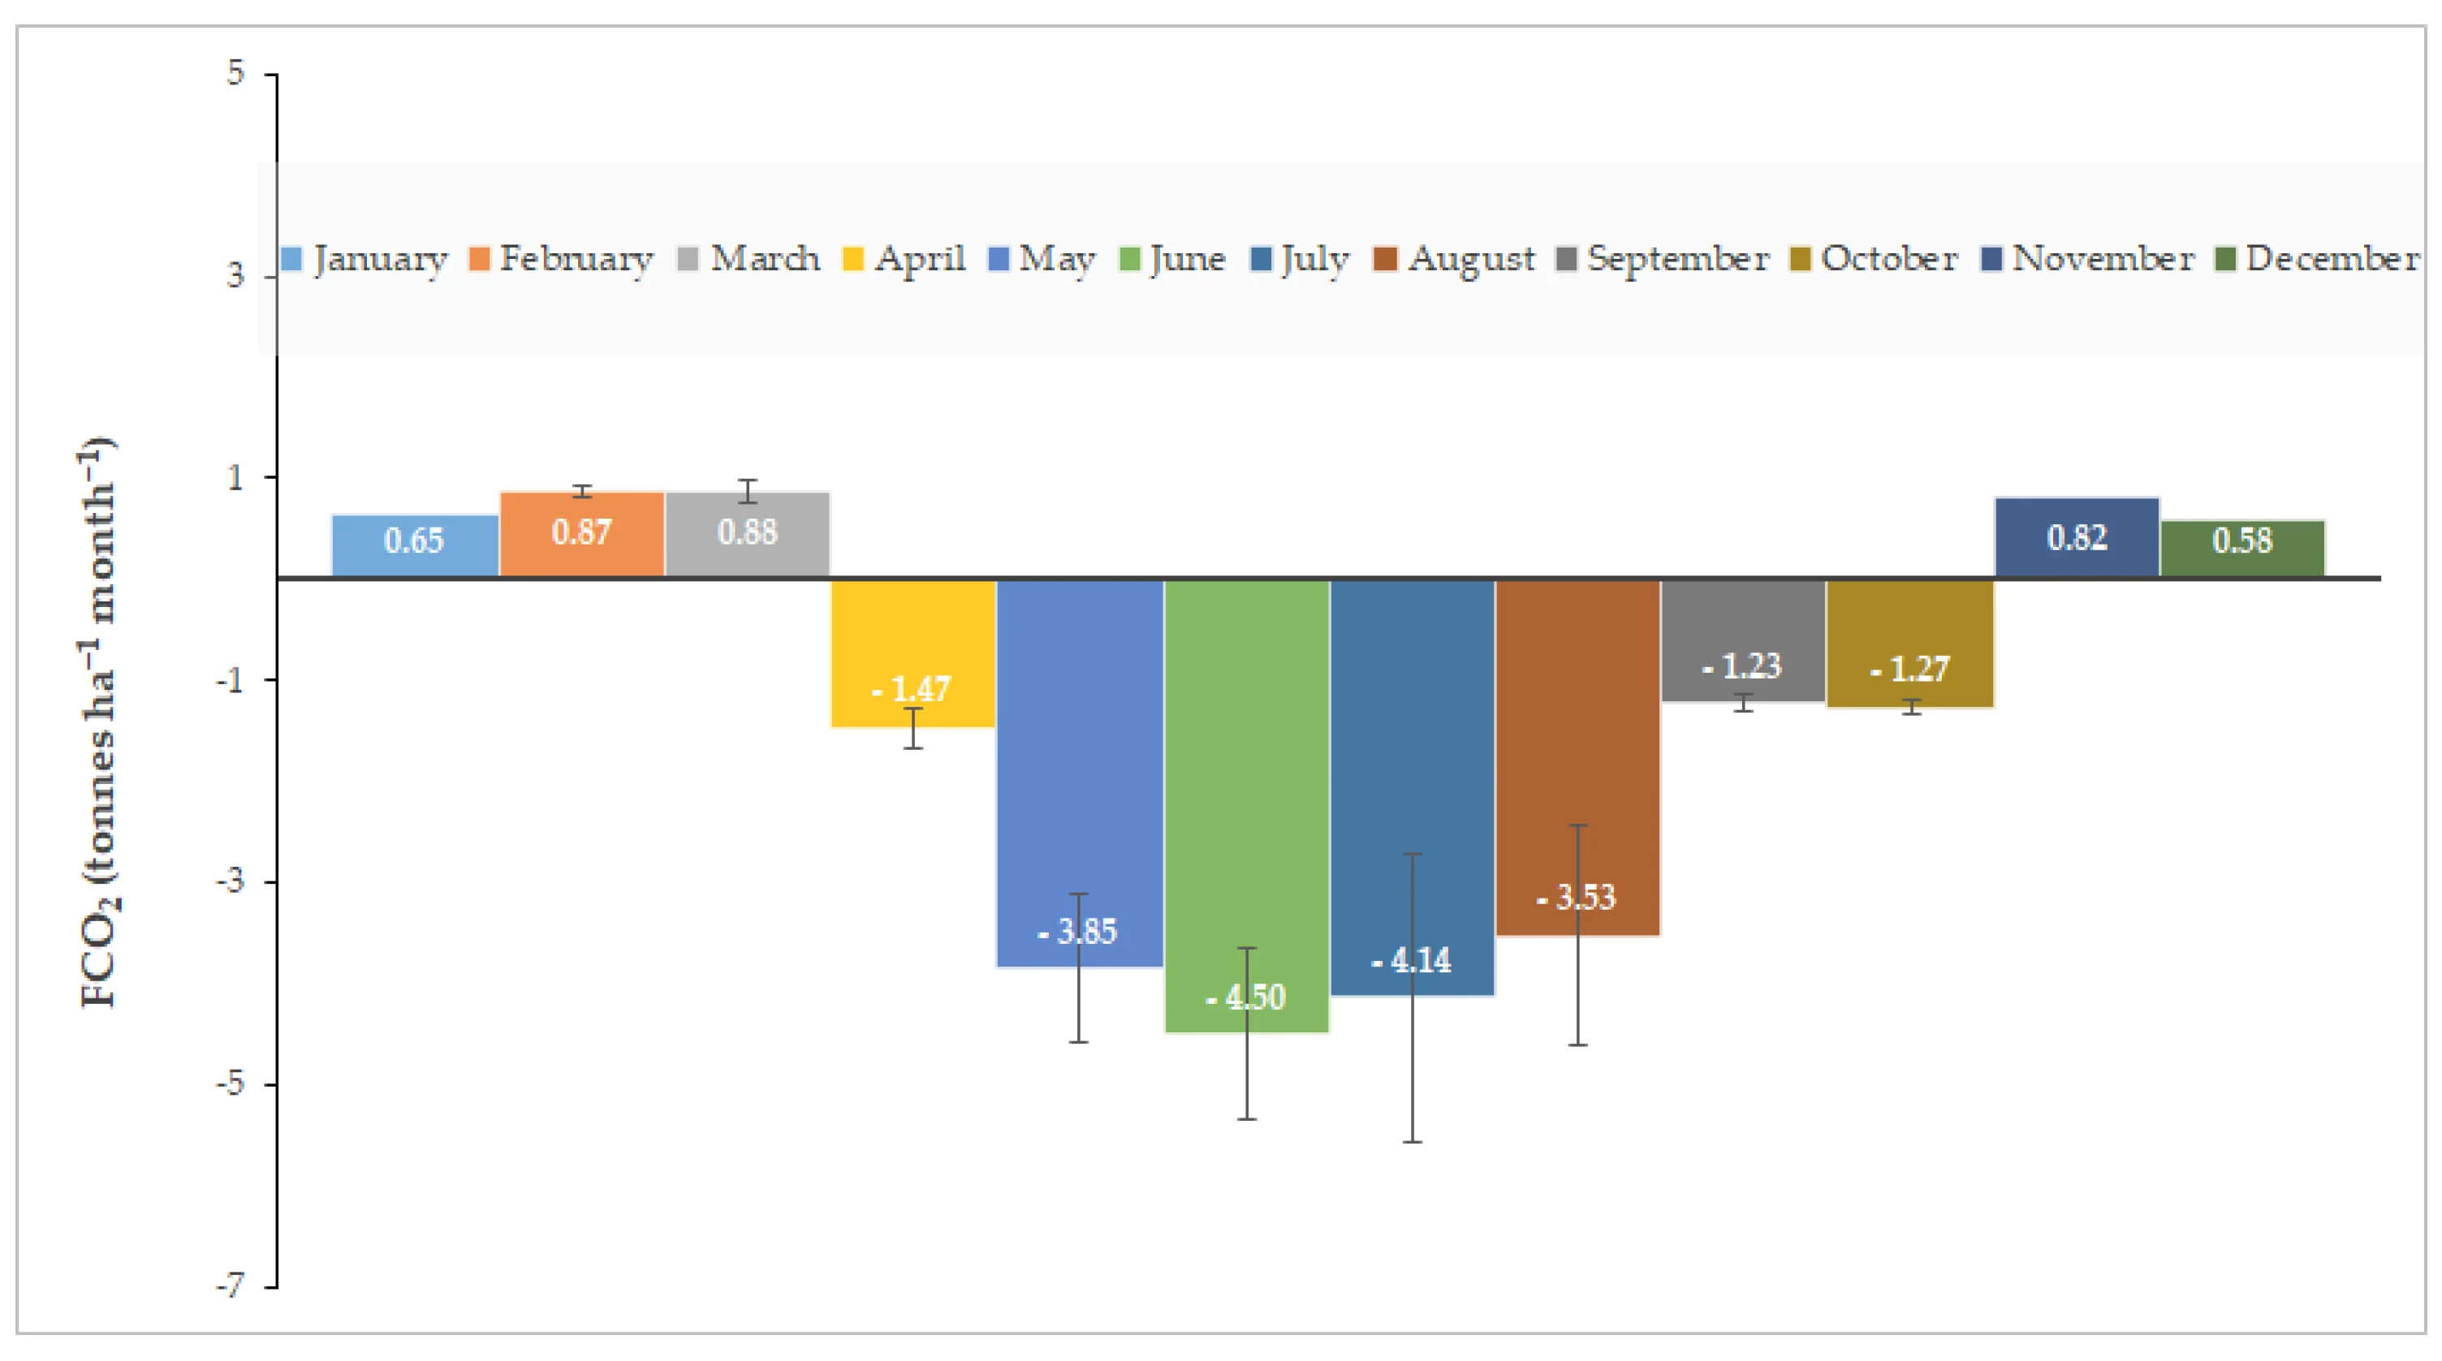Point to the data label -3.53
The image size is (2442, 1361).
click(1577, 897)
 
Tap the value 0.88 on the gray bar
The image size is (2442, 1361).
click(747, 532)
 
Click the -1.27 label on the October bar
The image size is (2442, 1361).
click(1909, 669)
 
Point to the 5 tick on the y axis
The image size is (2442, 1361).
click(236, 72)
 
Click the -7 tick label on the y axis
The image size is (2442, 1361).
click(231, 1286)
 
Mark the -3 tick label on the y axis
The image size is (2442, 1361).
click(231, 881)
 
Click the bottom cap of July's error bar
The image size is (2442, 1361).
click(1412, 1141)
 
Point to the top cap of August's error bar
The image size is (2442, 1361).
click(1577, 825)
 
